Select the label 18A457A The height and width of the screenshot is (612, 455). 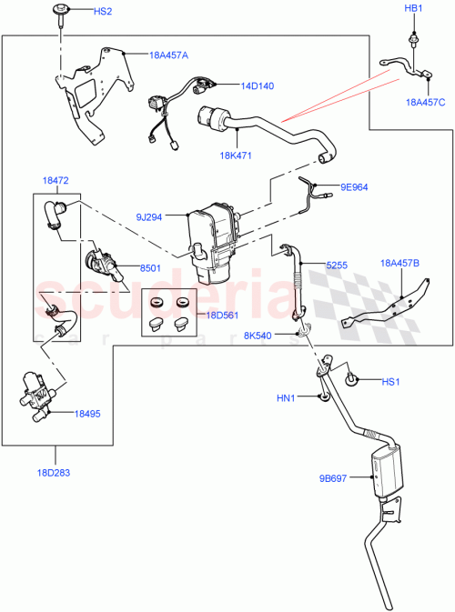(x=168, y=55)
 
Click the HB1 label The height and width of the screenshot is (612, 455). (x=414, y=8)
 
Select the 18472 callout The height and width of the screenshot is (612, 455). (x=56, y=182)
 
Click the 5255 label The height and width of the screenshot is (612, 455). (x=339, y=265)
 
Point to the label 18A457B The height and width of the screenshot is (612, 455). (x=400, y=264)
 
